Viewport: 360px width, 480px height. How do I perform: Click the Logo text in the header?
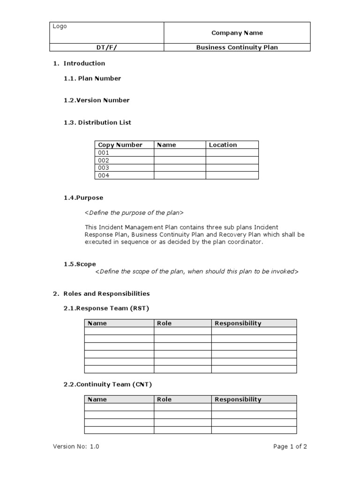coord(60,26)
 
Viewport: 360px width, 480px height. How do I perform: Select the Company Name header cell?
coord(237,33)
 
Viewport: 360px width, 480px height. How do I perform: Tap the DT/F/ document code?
coord(107,47)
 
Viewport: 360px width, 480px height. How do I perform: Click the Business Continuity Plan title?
coord(237,47)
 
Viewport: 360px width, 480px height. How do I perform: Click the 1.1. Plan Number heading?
coord(92,78)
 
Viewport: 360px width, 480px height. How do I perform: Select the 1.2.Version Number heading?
coord(97,100)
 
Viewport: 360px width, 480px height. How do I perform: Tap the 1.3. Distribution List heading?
coord(97,122)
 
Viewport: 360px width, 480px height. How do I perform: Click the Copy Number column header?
coord(120,145)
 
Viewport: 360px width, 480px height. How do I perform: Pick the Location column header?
coord(223,145)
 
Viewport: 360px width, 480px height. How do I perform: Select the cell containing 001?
coord(104,153)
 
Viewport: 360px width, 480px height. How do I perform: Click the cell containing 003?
coord(104,168)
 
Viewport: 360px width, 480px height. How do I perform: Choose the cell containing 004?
coord(104,175)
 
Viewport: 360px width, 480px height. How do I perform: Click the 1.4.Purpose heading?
coord(83,198)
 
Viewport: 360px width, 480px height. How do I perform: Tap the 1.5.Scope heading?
coord(80,264)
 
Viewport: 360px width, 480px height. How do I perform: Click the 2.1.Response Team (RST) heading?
coord(106,308)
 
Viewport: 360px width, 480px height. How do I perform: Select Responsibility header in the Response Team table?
coord(238,323)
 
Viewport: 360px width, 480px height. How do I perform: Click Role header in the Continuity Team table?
coord(164,399)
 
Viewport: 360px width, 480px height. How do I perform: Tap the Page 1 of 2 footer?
coord(290,447)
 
